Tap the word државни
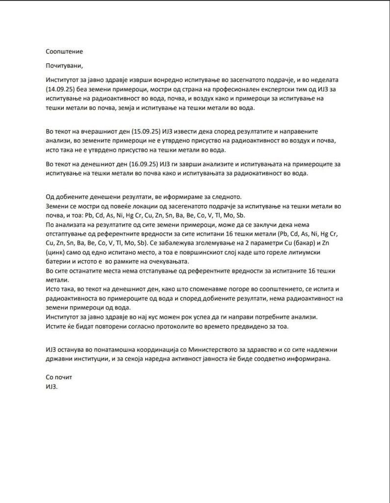point(58,359)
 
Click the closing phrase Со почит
point(58,377)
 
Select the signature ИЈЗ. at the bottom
point(51,387)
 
